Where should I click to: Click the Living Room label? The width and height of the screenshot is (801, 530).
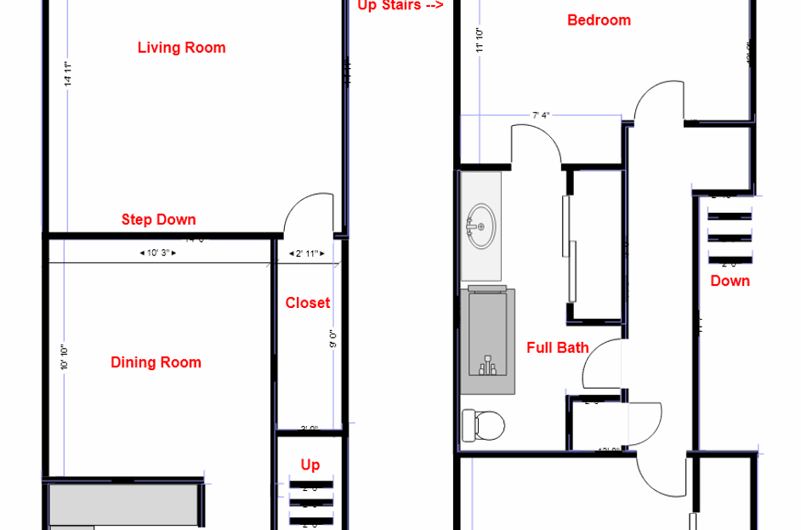(x=181, y=48)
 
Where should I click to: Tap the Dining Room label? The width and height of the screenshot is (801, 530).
(x=156, y=362)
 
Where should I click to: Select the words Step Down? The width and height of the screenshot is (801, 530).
(x=158, y=219)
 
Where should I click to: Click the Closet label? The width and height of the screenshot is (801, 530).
(x=307, y=303)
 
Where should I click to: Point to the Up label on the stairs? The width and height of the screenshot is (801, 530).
(x=310, y=464)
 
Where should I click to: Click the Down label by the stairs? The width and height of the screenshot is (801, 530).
(x=730, y=281)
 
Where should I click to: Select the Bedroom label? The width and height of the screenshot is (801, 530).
(x=599, y=20)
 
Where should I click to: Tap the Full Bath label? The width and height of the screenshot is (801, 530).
(x=557, y=347)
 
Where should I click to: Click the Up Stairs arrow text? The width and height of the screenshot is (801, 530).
(x=400, y=5)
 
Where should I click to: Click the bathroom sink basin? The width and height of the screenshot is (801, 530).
(x=481, y=225)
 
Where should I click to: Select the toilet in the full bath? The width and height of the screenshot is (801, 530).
(x=482, y=425)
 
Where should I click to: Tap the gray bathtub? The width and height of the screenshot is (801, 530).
(x=487, y=340)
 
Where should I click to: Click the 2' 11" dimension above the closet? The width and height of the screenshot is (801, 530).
(x=306, y=254)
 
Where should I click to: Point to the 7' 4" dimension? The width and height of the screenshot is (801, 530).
(x=541, y=115)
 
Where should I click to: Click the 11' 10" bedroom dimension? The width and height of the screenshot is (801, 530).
(x=480, y=41)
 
